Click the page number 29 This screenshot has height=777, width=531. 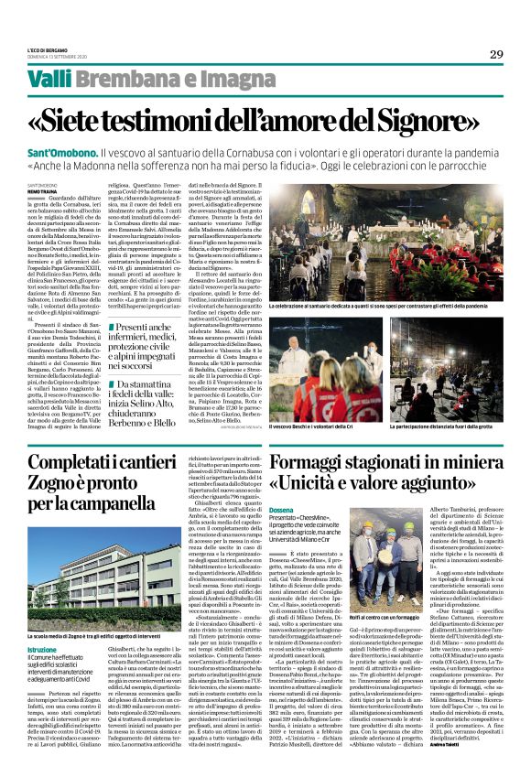496,54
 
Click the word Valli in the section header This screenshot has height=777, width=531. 51,80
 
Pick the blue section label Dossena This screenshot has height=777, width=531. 284,515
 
